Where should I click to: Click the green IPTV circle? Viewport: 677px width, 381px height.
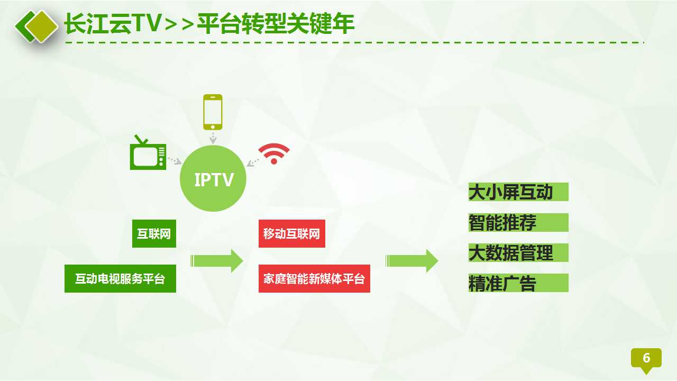point(213,178)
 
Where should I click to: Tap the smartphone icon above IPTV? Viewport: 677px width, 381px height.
point(213,112)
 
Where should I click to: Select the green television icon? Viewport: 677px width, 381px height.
point(148,153)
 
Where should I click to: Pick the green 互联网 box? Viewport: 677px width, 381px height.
point(154,234)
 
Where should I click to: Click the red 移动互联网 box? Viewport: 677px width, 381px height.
point(292,234)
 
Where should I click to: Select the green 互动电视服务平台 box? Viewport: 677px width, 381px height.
point(120,278)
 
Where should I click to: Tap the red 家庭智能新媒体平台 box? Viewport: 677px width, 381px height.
point(314,278)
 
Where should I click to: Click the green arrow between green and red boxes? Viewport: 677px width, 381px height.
point(217,261)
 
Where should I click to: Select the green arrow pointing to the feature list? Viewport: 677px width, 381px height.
point(412,261)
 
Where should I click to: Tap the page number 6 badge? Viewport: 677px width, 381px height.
point(646,359)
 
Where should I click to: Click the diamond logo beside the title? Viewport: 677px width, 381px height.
point(37,26)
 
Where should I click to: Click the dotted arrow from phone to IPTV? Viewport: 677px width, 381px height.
point(213,138)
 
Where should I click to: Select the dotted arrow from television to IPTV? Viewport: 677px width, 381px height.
point(175,160)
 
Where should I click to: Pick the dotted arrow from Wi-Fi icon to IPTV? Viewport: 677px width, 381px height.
point(253,162)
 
